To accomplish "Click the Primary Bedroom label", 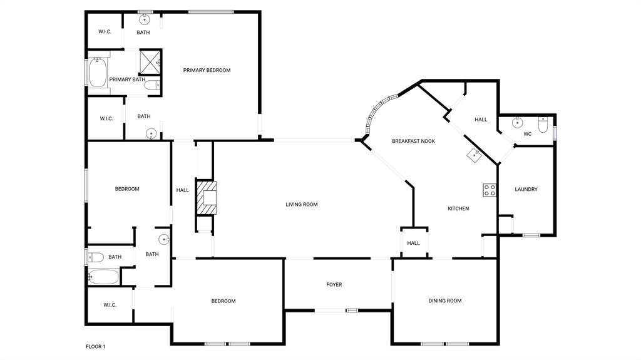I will pos(207,70).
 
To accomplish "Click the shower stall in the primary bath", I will pos(150,63).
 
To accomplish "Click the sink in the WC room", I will pos(518,122).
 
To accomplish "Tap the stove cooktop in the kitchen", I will pos(490,190).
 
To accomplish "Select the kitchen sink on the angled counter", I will pos(473,154).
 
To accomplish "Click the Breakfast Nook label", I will pos(413,141).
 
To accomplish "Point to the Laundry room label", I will pos(526,189).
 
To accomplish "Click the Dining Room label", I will pos(445,301).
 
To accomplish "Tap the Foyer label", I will pos(334,285).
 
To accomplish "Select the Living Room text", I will pos(302,204).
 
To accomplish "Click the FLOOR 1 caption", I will pos(96,346).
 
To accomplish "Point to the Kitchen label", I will pos(458,208).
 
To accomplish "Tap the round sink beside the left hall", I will pos(164,239).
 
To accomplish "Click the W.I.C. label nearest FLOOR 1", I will pos(110,305).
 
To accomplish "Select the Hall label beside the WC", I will pos(481,119).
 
